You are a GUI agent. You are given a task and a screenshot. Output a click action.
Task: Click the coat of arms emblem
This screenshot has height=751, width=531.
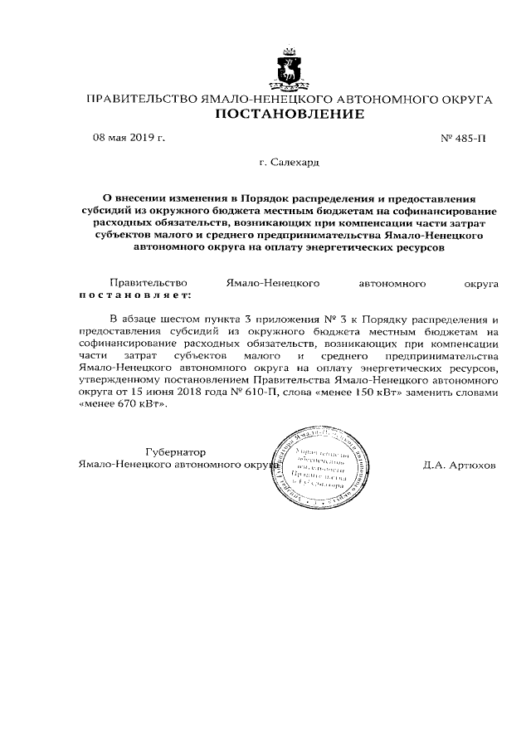tap(290, 71)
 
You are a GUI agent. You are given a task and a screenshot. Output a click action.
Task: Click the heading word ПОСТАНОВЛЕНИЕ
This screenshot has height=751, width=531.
tap(290, 115)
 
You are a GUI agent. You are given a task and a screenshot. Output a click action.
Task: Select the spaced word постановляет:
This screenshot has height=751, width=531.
tap(134, 294)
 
